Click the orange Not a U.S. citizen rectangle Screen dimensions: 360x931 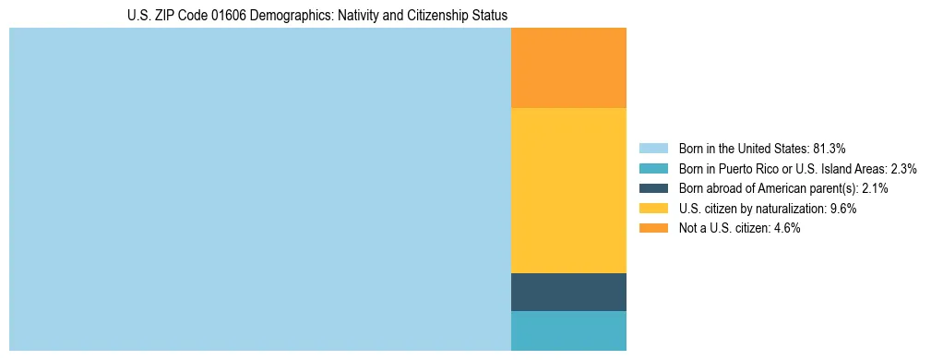[x=568, y=68]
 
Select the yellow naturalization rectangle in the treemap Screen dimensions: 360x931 [x=568, y=190]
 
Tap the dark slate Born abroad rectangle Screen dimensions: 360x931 [x=568, y=292]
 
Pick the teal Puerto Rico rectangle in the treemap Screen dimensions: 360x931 [x=568, y=330]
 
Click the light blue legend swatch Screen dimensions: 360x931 [x=652, y=148]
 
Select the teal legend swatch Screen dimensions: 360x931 [x=652, y=168]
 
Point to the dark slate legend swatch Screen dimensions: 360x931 [x=652, y=188]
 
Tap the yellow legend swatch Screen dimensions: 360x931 [x=652, y=209]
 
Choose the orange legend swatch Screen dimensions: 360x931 [x=652, y=228]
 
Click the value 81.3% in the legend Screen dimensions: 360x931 [x=830, y=148]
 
